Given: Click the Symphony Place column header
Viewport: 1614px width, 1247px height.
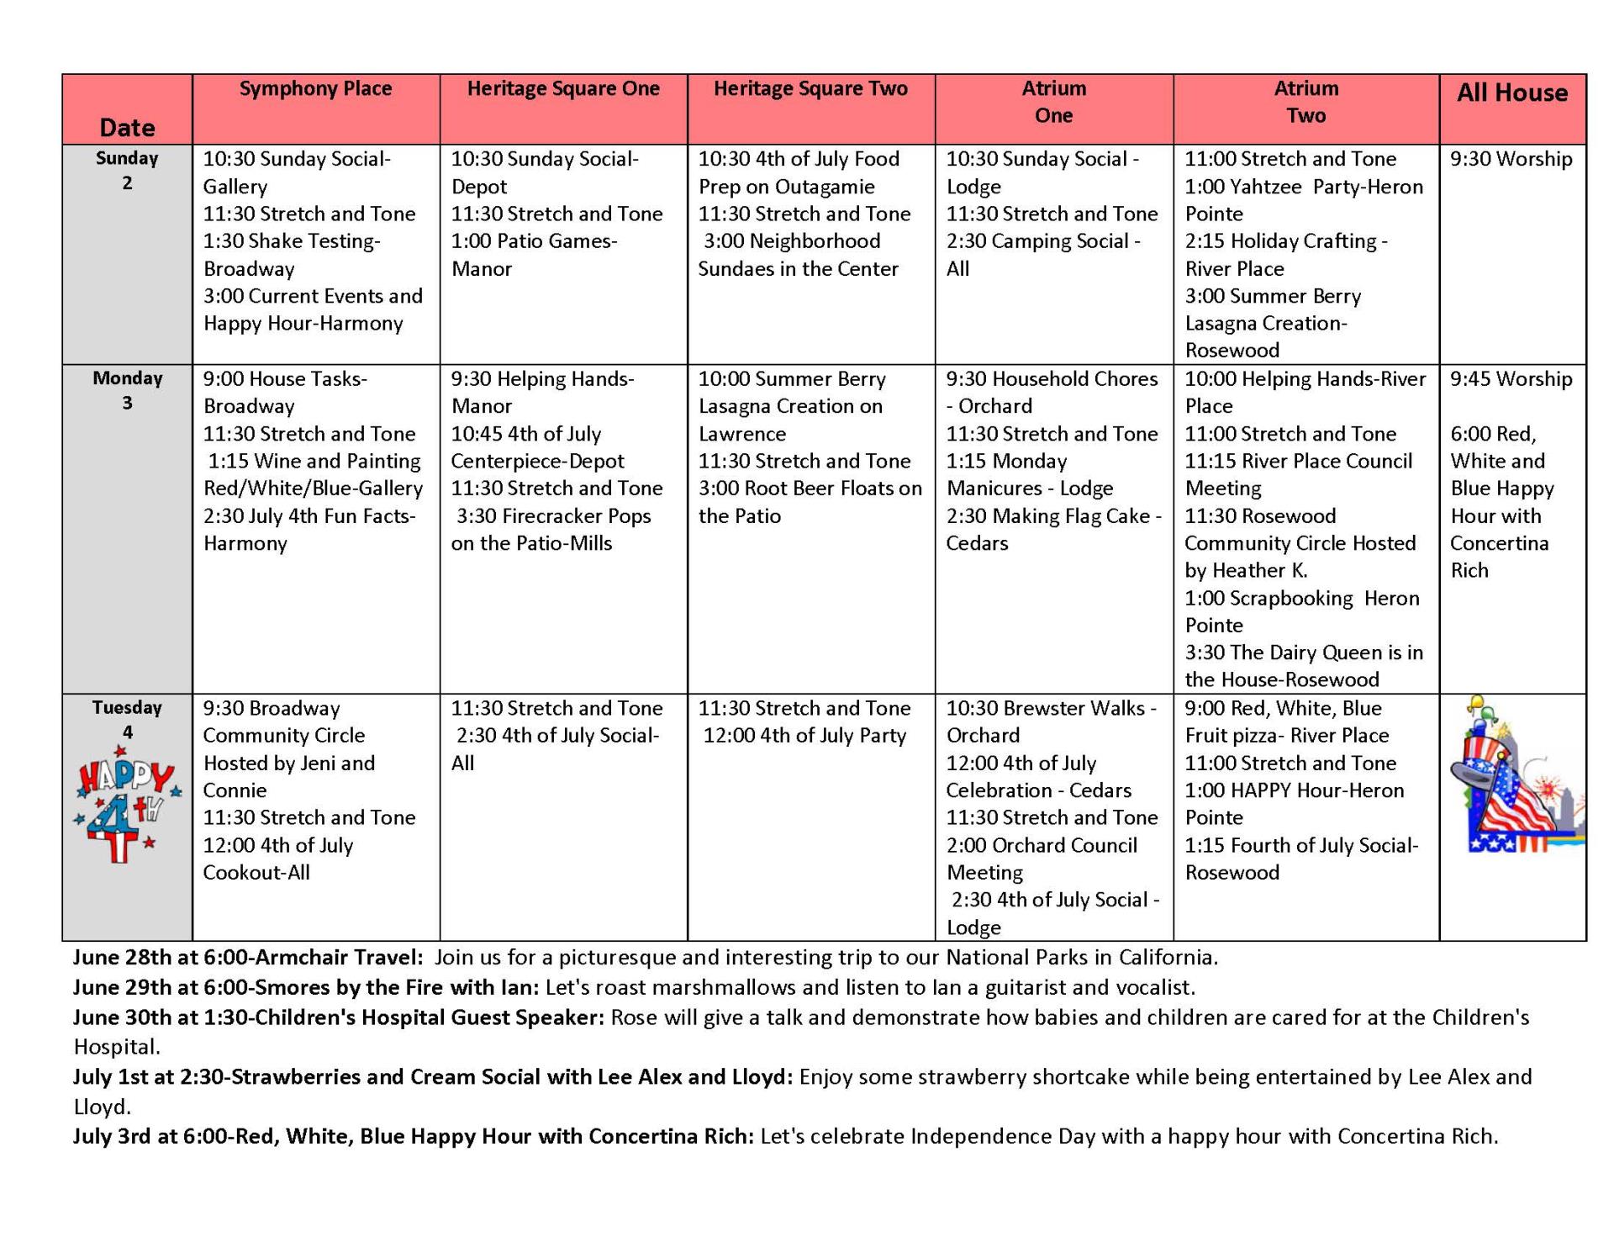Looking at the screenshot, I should click(x=315, y=89).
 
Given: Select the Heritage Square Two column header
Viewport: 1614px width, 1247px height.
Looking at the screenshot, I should click(x=810, y=89).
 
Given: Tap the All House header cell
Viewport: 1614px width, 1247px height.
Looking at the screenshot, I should click(x=1511, y=93).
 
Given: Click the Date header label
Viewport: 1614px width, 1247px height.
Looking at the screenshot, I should click(x=127, y=128).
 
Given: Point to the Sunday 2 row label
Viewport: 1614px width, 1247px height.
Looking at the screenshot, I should click(x=127, y=170).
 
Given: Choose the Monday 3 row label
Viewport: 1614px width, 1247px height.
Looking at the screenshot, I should click(x=127, y=390).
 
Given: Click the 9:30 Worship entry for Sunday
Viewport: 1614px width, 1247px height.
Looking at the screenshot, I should click(x=1511, y=160).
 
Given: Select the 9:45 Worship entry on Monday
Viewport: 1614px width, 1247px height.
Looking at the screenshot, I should click(x=1511, y=379).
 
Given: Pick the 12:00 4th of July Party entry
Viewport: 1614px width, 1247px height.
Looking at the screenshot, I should click(x=804, y=736).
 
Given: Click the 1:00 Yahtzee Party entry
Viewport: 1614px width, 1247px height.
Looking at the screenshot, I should click(x=1303, y=200).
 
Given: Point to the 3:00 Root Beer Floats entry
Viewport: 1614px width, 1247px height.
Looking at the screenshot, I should click(x=810, y=502).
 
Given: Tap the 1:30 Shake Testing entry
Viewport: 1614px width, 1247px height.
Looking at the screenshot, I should click(x=292, y=255).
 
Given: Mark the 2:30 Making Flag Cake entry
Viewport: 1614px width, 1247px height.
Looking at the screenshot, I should click(x=1053, y=530).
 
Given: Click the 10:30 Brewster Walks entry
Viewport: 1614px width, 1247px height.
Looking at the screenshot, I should click(x=1051, y=721).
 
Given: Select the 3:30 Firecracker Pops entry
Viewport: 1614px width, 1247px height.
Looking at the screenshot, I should click(x=551, y=530).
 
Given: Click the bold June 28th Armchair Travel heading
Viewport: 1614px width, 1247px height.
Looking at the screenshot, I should click(x=248, y=958).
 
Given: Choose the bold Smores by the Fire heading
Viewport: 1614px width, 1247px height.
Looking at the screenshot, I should click(x=307, y=987).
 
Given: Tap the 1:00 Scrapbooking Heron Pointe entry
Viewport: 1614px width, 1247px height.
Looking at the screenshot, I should click(x=1301, y=611).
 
